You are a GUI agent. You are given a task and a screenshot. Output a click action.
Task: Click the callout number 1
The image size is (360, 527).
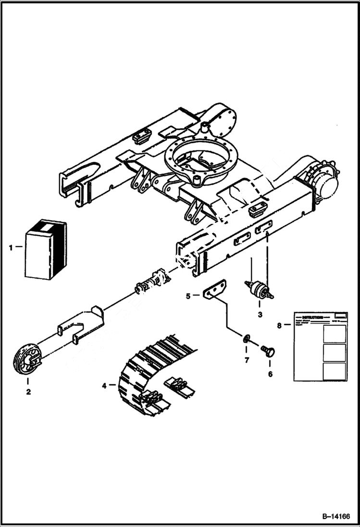pyautogui.click(x=11, y=247)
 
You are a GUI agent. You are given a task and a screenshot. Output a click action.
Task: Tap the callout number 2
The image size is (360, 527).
pyautogui.click(x=28, y=392)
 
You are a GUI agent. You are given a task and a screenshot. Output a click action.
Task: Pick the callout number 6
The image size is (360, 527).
pyautogui.click(x=270, y=374)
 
